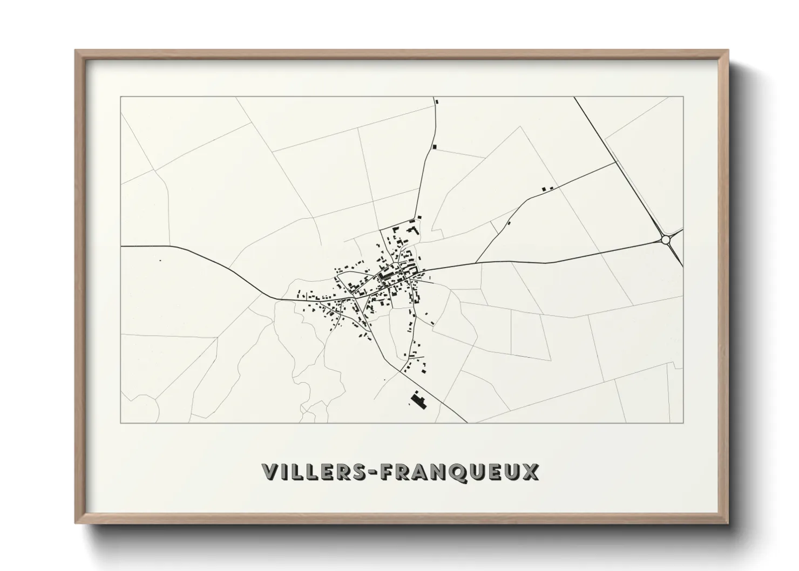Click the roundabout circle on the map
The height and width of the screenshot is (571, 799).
pos(665,239)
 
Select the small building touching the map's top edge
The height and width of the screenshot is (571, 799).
pos(436,100)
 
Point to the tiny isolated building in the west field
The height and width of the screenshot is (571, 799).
pos(160,260)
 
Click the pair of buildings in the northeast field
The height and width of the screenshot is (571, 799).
pos(547,188)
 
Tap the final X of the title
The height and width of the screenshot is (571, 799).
pos(530,472)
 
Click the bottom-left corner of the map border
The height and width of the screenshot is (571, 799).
pos(120,423)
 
